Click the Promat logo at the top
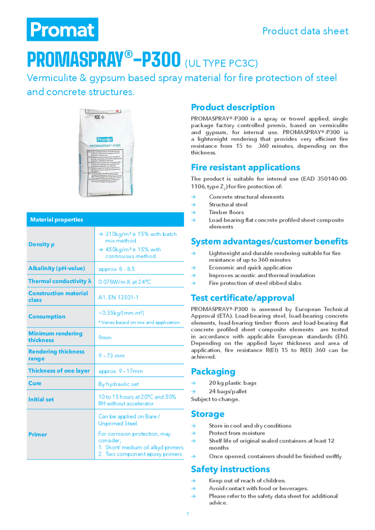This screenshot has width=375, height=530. click(63, 29)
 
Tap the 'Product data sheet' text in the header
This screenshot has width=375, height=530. click(305, 31)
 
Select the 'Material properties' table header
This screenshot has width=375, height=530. click(57, 219)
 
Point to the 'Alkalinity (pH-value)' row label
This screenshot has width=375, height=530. click(57, 269)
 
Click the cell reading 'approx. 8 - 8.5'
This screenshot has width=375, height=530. click(117, 269)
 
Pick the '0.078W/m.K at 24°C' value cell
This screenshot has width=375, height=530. click(125, 281)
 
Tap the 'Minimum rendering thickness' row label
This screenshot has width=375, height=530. click(55, 337)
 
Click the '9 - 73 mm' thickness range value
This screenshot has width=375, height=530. click(111, 355)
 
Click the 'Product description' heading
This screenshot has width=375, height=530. click(233, 107)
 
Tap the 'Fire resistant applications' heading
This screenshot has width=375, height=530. click(246, 167)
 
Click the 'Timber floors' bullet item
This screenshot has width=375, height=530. click(227, 212)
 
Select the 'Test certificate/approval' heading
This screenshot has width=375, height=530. click(242, 298)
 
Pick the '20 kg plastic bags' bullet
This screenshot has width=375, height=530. click(232, 383)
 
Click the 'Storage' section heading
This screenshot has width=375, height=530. click(208, 414)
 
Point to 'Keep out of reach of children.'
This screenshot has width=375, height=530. click(247, 481)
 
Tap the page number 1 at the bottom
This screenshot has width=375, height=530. click(188, 514)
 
